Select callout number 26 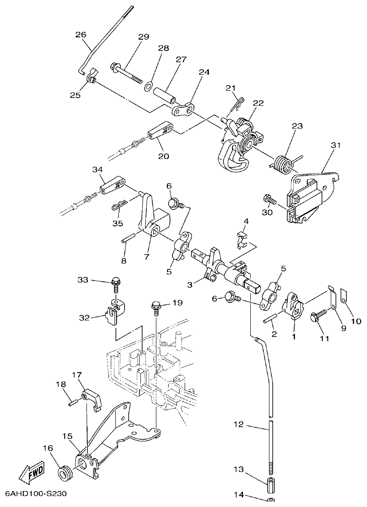80,34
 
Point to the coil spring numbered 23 284,164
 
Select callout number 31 336,145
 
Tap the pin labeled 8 129,238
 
